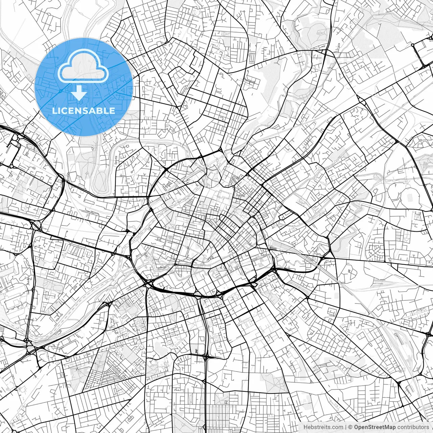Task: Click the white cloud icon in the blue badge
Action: [83, 66]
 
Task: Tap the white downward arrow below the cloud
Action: [79, 93]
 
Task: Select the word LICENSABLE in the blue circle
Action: [84, 111]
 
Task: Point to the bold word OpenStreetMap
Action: [374, 427]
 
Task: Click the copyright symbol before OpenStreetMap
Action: [350, 427]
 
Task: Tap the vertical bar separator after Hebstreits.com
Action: [345, 427]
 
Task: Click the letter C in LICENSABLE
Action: [63, 111]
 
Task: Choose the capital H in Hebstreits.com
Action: [305, 427]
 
